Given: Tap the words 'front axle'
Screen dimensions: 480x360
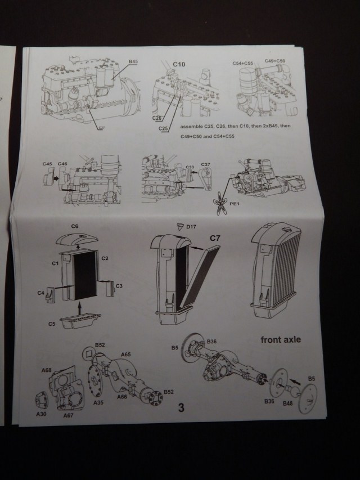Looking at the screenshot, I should pos(280,340).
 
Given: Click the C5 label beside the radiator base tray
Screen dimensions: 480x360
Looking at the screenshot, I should pos(52,324).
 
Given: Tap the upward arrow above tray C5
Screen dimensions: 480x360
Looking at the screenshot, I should pos(80,307).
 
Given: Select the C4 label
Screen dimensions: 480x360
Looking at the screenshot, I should pos(41,293).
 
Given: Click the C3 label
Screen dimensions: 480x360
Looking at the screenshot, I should pos(119,286).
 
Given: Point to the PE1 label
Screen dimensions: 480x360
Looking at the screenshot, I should pos(233,210).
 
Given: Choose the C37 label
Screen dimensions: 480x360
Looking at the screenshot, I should pos(205,165).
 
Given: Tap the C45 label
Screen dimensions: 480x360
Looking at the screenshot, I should pos(47,164).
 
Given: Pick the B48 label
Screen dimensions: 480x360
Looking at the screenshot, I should pos(288,403).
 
